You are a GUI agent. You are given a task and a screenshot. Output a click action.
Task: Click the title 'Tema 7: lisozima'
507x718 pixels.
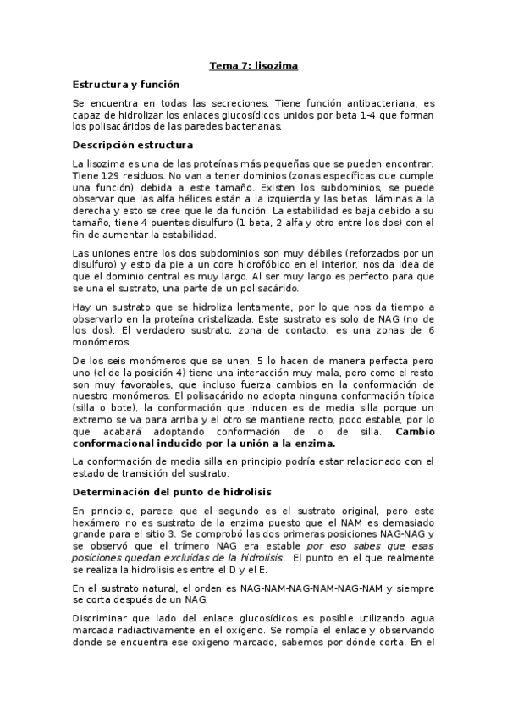pyautogui.click(x=253, y=64)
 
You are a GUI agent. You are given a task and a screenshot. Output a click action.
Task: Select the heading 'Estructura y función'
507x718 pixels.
pyautogui.click(x=126, y=85)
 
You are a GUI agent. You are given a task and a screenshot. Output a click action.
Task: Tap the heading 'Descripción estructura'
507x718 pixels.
pyautogui.click(x=133, y=145)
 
